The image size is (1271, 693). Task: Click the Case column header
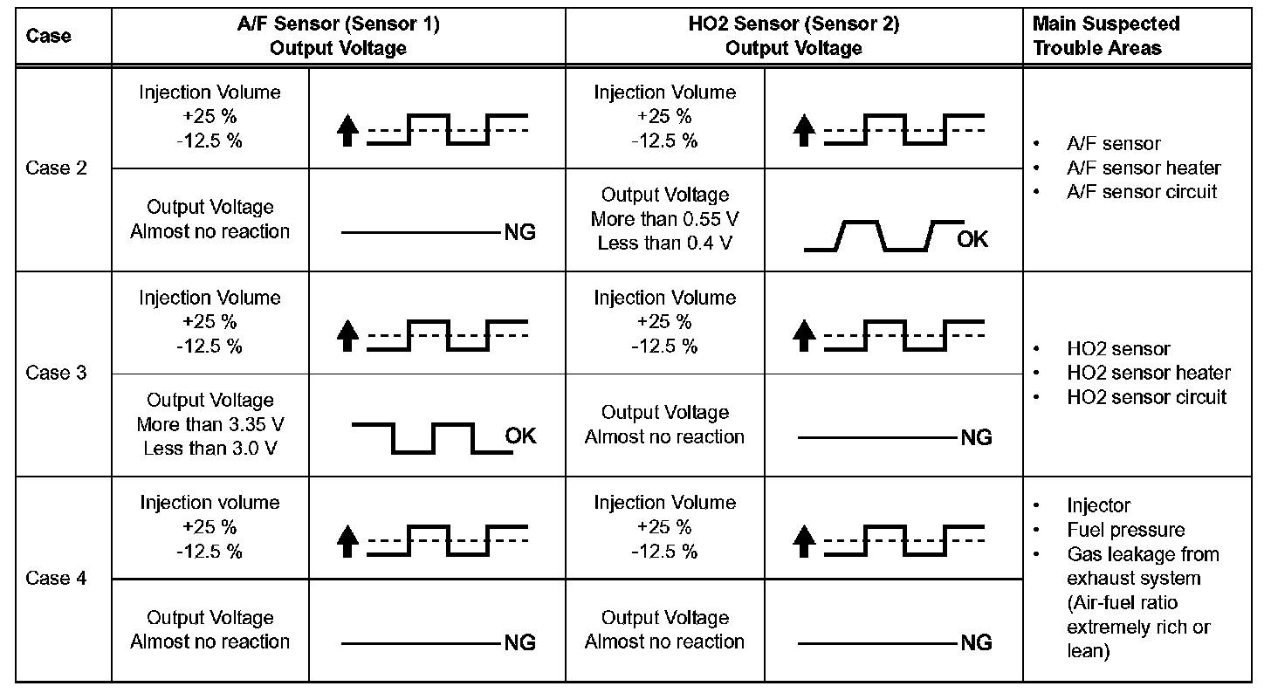click(x=49, y=37)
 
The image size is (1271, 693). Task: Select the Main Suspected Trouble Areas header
click(x=1106, y=37)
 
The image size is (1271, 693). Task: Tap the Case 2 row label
click(x=57, y=168)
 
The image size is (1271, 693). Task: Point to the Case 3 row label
click(x=57, y=373)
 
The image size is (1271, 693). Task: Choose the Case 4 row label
click(x=57, y=578)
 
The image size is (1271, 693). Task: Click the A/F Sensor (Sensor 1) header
click(x=338, y=37)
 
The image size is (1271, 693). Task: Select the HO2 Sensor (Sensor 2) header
click(x=794, y=37)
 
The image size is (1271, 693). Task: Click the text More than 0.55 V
click(x=664, y=219)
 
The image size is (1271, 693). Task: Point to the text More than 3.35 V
click(x=210, y=425)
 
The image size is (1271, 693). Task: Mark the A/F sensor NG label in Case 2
click(x=519, y=232)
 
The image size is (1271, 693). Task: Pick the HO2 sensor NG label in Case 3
click(x=976, y=437)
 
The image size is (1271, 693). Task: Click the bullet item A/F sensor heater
click(x=1144, y=168)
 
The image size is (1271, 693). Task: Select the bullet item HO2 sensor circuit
click(x=1146, y=397)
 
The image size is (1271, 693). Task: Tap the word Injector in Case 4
click(x=1098, y=505)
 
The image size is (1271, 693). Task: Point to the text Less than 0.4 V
click(x=664, y=244)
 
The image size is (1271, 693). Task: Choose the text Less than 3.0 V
click(x=210, y=449)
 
